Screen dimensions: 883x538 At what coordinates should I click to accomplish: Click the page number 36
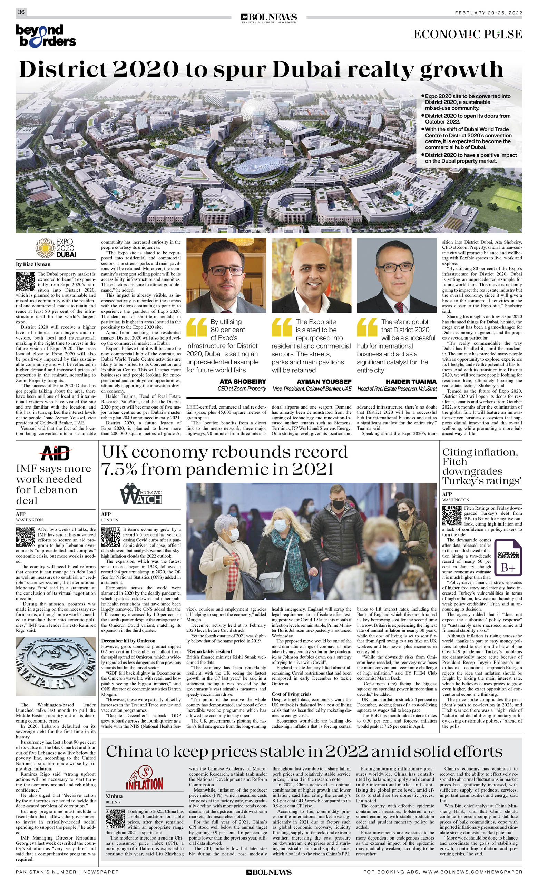[x=21, y=12]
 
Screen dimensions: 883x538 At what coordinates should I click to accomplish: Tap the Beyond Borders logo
[x=46, y=36]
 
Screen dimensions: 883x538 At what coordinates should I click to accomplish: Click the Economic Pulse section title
[x=467, y=35]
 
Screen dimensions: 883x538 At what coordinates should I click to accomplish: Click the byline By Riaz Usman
[x=33, y=264]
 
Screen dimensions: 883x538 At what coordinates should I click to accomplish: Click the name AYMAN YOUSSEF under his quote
[x=324, y=382]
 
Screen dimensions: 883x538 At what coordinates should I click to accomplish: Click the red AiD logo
[x=56, y=453]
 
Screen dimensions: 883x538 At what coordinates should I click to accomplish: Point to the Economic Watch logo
[x=141, y=493]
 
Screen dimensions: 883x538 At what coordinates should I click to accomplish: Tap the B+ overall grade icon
[x=508, y=558]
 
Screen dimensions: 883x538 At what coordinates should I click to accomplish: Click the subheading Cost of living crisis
[x=291, y=694]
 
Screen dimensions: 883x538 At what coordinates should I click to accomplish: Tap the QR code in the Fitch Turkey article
[x=452, y=515]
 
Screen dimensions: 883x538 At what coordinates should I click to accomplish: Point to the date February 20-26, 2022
[x=488, y=13]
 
